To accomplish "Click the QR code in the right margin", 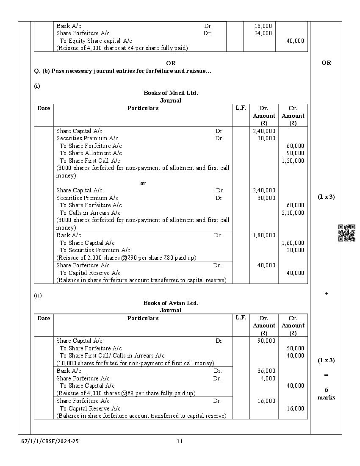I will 346,233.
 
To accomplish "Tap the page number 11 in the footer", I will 180,441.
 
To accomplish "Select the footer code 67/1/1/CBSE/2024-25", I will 50,441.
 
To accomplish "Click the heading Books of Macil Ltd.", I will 171,93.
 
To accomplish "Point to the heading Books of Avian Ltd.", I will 171,303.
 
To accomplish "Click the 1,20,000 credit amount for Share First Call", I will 293,161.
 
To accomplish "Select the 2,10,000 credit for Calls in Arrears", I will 293,213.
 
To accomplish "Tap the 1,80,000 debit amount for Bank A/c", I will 264,235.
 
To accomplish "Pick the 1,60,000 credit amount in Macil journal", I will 293,243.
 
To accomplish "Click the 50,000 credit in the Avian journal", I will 295,348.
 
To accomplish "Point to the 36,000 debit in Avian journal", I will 266,371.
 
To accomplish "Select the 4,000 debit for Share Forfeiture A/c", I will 268,378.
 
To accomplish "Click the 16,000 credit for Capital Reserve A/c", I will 295,408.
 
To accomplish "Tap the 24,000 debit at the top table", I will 263,33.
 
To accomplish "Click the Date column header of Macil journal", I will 44,108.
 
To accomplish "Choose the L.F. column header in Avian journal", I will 241,318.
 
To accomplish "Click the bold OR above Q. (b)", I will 171,63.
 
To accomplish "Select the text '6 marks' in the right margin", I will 326,394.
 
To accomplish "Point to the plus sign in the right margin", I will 326,293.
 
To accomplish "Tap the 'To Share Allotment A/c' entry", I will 91,153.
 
